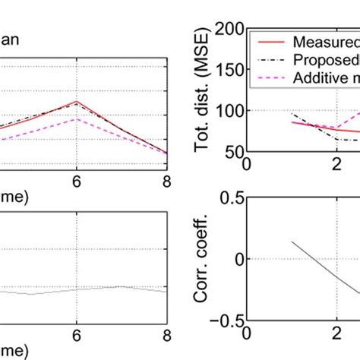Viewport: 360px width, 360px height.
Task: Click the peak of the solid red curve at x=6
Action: (76, 101)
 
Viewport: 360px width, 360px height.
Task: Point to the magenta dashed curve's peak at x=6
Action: (76, 118)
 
